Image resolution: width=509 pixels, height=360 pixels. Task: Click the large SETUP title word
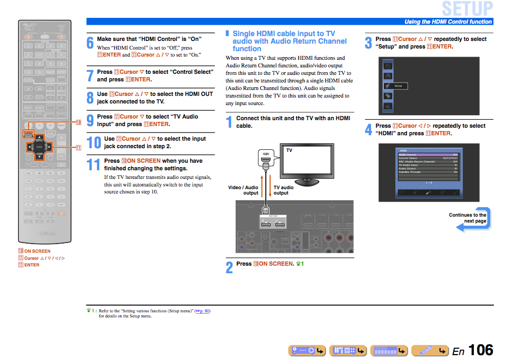coord(467,9)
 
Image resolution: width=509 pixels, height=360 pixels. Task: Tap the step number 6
coord(90,44)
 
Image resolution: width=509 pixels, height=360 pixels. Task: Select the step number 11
coord(93,164)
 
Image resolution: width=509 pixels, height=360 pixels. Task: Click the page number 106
coord(480,350)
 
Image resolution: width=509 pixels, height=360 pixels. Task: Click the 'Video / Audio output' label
coord(243,190)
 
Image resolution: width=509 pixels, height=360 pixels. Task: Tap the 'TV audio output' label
coord(284,190)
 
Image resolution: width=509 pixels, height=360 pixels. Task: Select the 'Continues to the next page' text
coord(467,218)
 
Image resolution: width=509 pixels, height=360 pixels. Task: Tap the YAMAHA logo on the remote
coord(45,233)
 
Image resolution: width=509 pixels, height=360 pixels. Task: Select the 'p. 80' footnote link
coord(202,311)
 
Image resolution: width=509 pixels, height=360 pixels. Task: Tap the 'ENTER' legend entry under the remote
coord(31,265)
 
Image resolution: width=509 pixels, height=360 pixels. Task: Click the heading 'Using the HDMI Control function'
coord(448,22)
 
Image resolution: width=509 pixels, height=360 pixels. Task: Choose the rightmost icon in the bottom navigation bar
coord(430,351)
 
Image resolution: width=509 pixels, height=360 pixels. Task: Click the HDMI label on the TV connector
coord(266,154)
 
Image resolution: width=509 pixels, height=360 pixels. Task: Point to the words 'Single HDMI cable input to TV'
coord(284,33)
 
